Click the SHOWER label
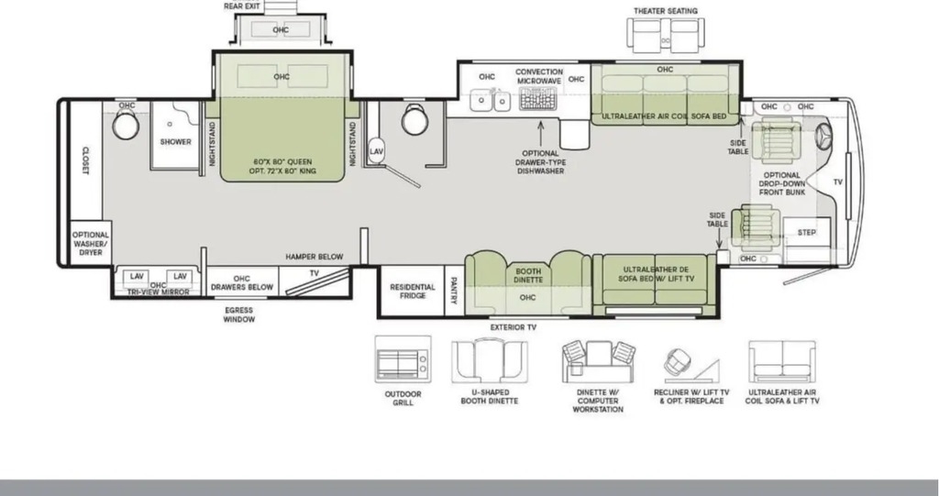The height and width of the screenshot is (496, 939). click(175, 142)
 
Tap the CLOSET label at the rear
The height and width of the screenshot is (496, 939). click(85, 160)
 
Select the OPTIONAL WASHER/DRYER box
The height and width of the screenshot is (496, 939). click(91, 244)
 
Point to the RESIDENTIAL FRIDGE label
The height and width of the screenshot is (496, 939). click(413, 292)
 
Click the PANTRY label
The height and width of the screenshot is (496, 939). click(453, 290)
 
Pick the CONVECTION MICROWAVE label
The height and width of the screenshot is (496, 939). click(539, 76)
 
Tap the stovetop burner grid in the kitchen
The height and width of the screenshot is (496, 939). click(537, 98)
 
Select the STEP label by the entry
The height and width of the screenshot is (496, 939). click(807, 233)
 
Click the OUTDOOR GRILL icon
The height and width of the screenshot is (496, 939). click(403, 359)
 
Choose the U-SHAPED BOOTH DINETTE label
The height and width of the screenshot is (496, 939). click(490, 397)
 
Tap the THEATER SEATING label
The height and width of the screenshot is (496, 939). click(666, 11)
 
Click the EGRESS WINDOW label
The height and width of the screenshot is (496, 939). click(239, 314)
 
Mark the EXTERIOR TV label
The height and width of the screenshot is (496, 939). click(514, 327)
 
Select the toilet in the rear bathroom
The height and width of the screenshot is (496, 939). click(126, 125)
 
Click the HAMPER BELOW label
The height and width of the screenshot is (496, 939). click(315, 257)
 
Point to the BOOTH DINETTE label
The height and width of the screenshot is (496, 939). click(528, 276)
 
